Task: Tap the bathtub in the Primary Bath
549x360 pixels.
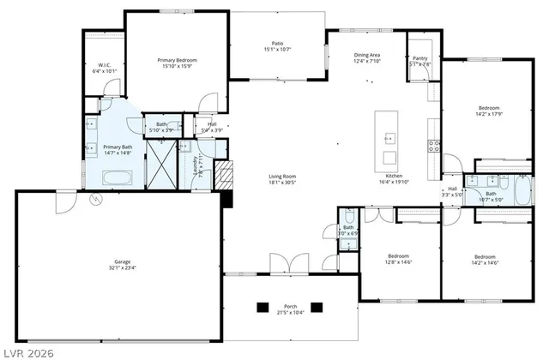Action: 114,178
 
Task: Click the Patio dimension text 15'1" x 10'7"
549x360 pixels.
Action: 277,50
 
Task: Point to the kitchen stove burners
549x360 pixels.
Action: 434,145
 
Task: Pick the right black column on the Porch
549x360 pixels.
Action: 316,307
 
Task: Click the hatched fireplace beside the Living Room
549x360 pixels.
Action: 224,176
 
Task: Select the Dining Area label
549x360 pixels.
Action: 367,55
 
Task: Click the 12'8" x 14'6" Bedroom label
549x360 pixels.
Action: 398,255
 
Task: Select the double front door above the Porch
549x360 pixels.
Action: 285,261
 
